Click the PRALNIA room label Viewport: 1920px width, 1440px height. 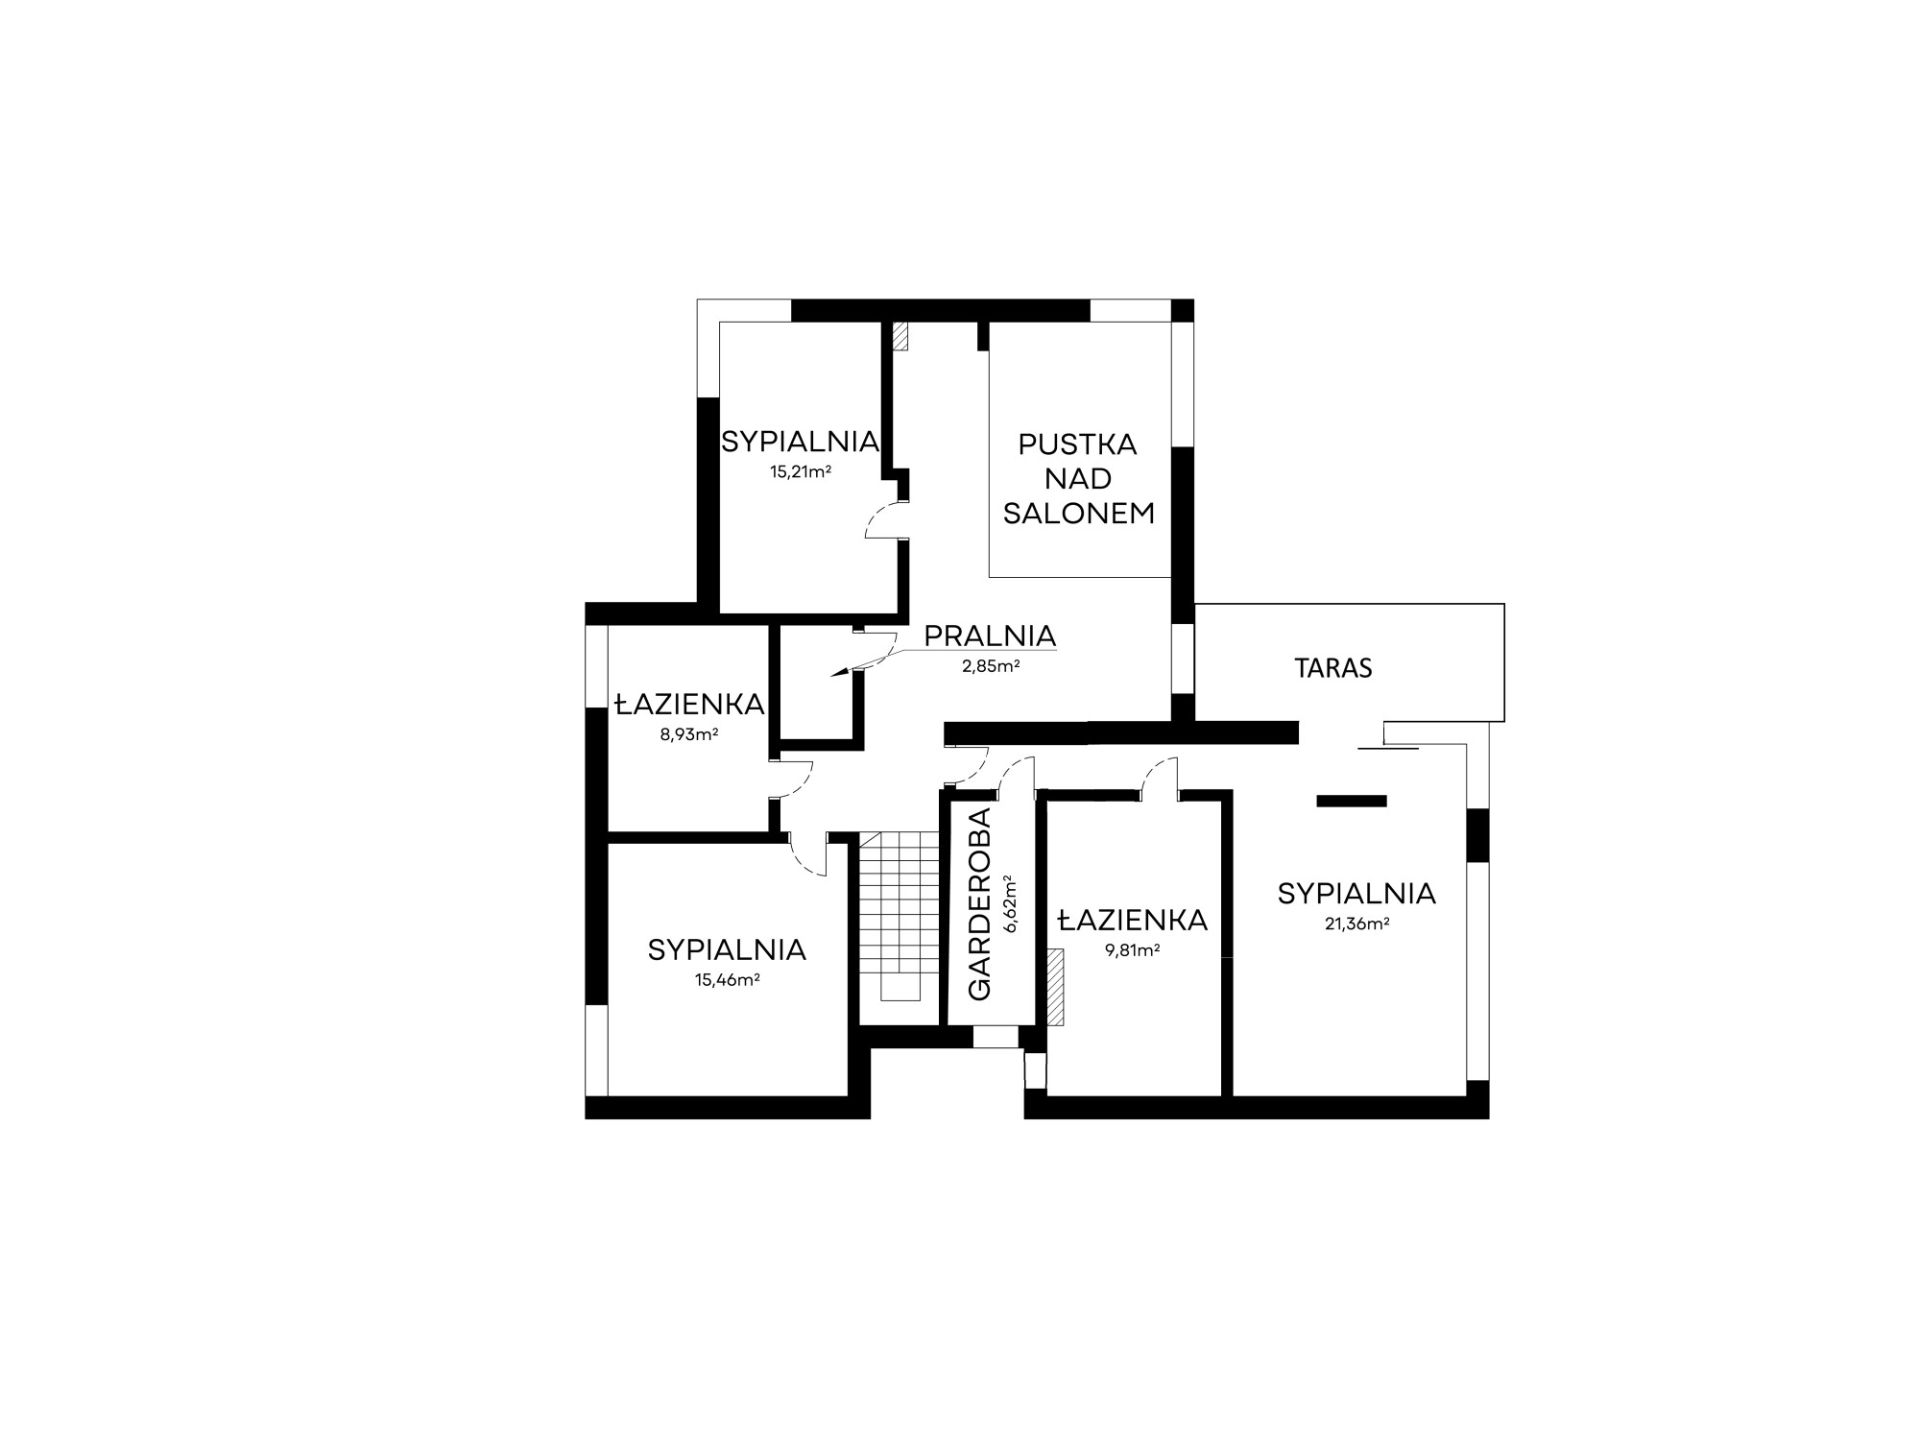[x=990, y=636]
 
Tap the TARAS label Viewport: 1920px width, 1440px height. [x=1333, y=668]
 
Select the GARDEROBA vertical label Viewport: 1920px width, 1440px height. [x=979, y=904]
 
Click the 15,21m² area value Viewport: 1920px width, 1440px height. [x=800, y=471]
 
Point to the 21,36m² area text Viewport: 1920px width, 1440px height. [x=1356, y=924]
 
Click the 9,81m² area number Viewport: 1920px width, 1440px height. [x=1132, y=950]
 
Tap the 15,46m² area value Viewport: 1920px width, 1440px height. [x=727, y=980]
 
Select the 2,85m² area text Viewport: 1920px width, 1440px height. [x=990, y=665]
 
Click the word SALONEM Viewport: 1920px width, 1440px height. [x=1079, y=514]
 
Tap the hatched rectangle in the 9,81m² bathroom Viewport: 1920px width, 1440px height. [x=1056, y=987]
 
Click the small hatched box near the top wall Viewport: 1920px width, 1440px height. [x=900, y=336]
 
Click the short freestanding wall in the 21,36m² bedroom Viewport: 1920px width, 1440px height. [x=1352, y=801]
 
